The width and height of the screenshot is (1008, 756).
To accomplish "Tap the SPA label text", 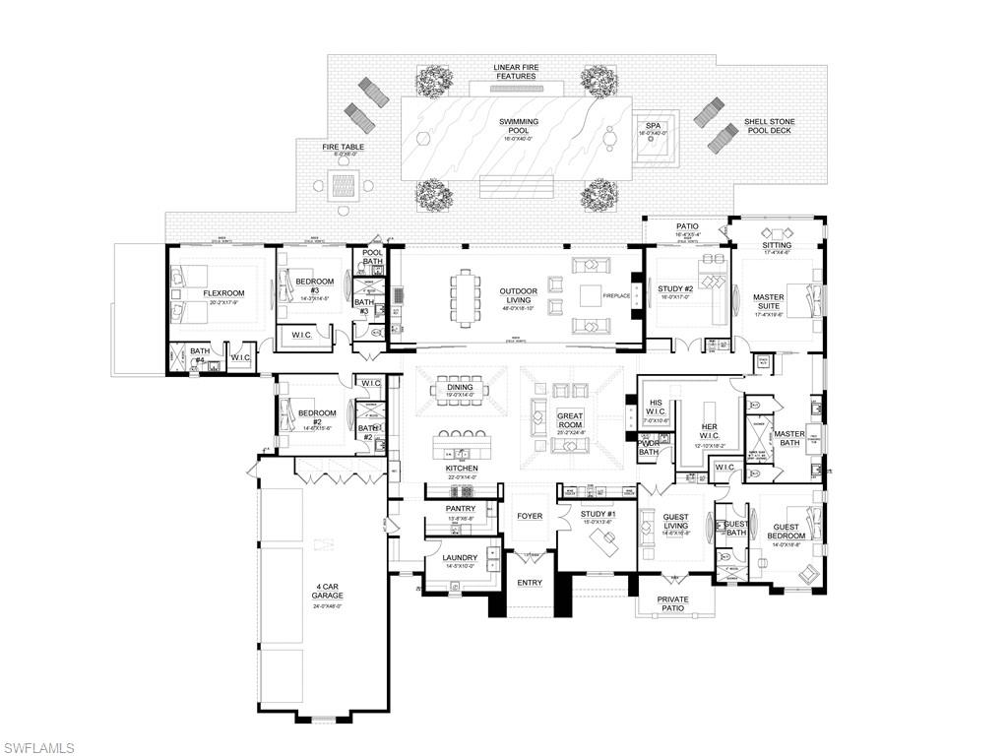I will [x=653, y=126].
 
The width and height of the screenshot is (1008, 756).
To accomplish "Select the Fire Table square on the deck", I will [x=343, y=184].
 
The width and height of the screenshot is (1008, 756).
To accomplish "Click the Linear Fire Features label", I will [x=515, y=72].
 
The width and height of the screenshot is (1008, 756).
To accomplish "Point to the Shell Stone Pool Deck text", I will [x=769, y=126].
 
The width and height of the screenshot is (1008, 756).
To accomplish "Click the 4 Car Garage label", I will [x=328, y=591].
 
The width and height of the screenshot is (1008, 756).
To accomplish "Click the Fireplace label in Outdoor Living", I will [x=616, y=294].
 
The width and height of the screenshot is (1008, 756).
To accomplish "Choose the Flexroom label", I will [x=223, y=293].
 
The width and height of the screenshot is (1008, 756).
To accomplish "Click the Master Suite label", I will [x=769, y=300].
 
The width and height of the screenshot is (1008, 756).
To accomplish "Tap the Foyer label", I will [x=530, y=516].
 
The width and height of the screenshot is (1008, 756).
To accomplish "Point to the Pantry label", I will [x=461, y=509].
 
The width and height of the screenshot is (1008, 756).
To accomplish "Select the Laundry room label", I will [x=460, y=558].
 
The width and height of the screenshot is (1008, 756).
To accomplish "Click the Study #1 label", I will [x=598, y=514].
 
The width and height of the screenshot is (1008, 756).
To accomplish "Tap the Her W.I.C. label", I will [x=709, y=429].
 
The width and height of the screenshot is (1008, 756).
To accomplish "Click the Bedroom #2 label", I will [x=318, y=416].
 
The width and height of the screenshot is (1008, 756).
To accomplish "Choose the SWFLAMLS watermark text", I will [x=38, y=748].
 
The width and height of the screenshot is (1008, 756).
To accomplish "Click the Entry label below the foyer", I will [x=530, y=583].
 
